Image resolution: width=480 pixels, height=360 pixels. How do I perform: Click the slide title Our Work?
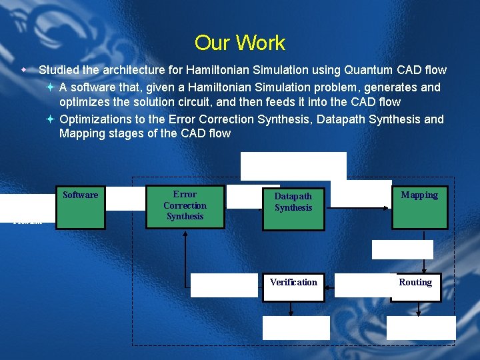(x=239, y=43)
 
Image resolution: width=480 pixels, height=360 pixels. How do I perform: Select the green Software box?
(x=80, y=207)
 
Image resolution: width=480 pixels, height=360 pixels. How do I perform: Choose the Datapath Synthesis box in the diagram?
(x=293, y=209)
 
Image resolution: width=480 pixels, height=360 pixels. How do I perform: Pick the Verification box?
(x=293, y=287)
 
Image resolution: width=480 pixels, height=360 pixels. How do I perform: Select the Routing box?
(x=415, y=287)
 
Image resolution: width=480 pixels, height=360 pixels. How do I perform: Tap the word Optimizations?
(x=97, y=119)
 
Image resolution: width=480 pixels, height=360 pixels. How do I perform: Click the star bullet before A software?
(x=51, y=87)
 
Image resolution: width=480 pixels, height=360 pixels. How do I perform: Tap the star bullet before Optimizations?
(x=51, y=119)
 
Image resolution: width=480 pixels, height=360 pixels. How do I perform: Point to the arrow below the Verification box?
(x=291, y=309)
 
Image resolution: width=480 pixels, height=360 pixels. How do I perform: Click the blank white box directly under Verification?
(x=296, y=328)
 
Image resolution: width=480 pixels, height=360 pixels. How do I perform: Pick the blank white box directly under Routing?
(x=421, y=328)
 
